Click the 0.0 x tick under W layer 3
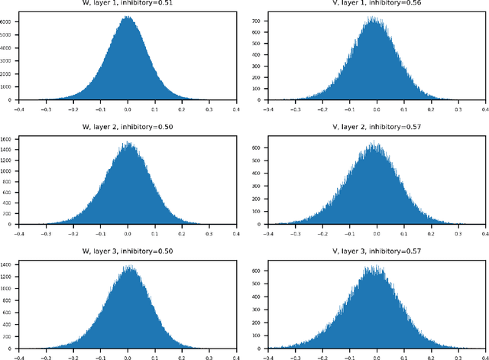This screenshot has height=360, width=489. (x=128, y=356)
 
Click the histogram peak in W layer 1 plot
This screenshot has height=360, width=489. (x=128, y=17)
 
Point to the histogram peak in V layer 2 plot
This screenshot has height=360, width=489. (x=373, y=142)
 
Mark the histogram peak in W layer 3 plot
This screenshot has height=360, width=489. (x=128, y=266)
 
